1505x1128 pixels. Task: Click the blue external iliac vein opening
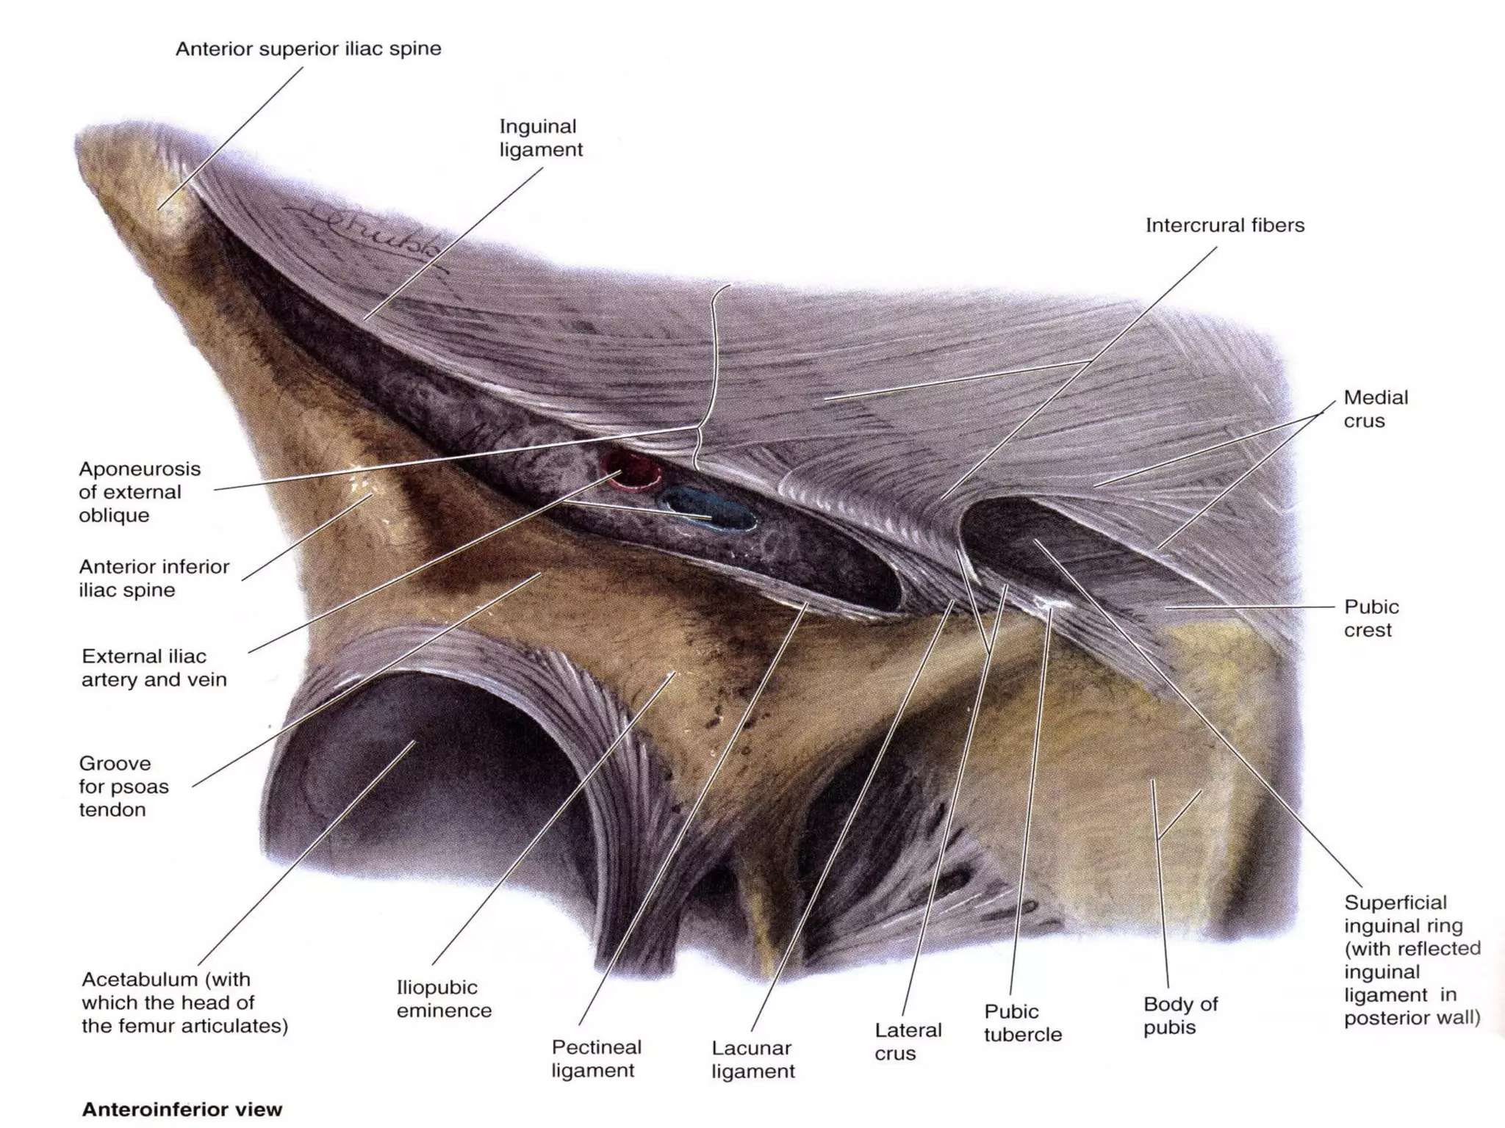click(708, 508)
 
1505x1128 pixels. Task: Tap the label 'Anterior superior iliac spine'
click(308, 49)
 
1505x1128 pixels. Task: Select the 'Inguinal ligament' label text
click(541, 137)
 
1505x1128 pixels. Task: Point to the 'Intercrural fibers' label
click(1224, 225)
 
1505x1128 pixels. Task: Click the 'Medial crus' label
click(1375, 409)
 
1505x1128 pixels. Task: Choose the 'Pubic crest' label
click(1371, 618)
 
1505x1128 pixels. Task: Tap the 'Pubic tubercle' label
click(1022, 1023)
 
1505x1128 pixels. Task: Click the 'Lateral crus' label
click(907, 1041)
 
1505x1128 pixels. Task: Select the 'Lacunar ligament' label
click(752, 1059)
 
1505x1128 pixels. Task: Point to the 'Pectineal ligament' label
click(596, 1058)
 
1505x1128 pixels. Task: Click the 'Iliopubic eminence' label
click(444, 999)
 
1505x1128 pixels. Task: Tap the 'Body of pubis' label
click(1179, 1015)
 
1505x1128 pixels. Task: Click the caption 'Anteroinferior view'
click(182, 1109)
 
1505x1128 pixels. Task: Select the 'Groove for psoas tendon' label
click(123, 787)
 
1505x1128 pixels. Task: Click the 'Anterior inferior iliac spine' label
click(154, 578)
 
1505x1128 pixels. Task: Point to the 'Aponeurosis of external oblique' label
click(140, 492)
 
